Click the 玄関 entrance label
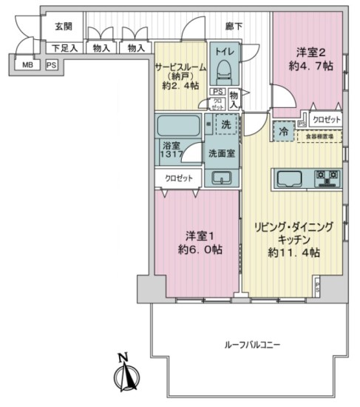[x=62, y=26]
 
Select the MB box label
[x=27, y=65]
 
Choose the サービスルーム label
[x=179, y=65]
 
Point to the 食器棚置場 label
[x=320, y=136]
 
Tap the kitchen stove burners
[x=327, y=178]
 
